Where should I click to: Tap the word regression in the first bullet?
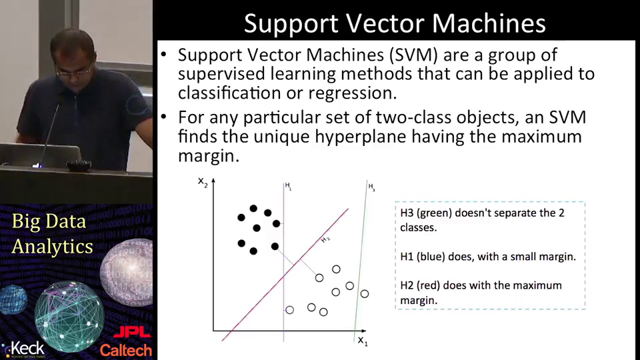352,93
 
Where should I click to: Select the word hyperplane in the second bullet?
361,137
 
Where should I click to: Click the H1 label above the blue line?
288,187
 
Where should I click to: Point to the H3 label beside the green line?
371,187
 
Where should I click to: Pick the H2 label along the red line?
325,239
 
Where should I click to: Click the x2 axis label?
203,181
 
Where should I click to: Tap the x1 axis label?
363,341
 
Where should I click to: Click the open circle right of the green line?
365,293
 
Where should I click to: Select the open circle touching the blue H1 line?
289,310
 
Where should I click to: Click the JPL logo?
132,333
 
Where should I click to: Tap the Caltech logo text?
126,350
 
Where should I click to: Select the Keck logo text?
27,349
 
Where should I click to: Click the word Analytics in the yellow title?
52,247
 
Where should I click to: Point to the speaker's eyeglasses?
73,71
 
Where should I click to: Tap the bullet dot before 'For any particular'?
164,117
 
